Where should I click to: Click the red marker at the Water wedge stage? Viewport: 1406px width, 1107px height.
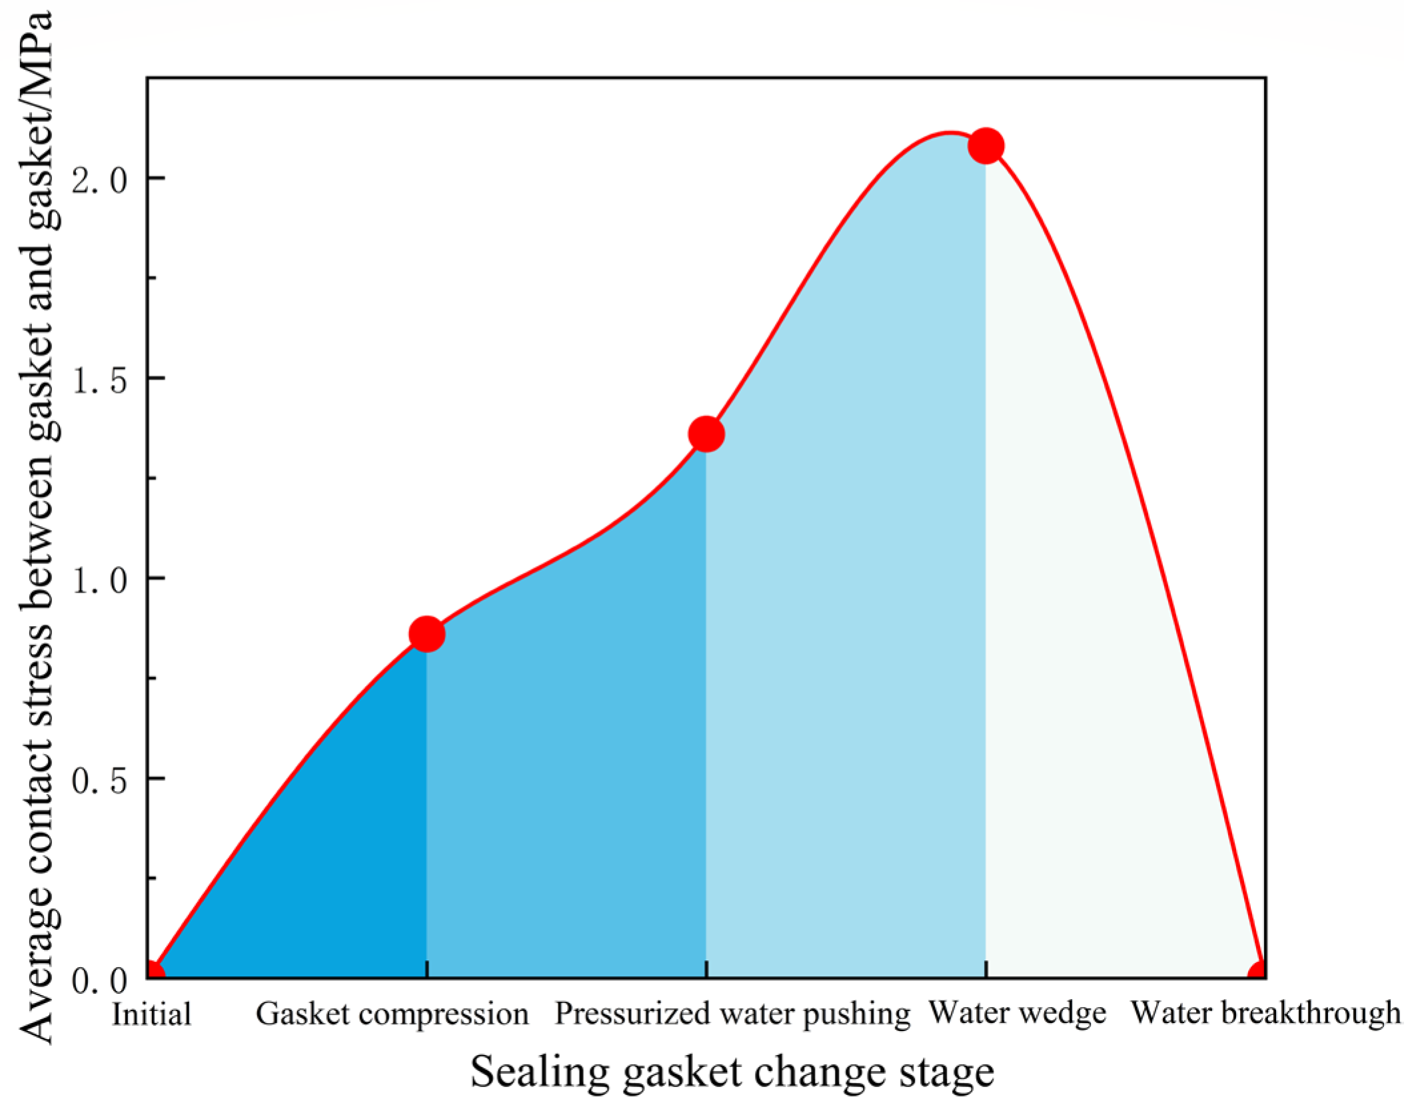986,145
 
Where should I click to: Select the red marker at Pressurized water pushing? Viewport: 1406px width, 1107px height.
706,434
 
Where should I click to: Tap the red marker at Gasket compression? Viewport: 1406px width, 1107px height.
426,633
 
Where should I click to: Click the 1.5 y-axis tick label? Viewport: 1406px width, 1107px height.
99,380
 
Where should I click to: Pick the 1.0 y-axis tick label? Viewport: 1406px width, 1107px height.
99,579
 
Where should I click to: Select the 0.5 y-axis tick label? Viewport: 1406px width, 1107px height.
99,779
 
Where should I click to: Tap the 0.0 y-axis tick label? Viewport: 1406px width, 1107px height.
99,979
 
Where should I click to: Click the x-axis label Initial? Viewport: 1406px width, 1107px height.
151,1014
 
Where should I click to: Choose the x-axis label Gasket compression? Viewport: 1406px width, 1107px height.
392,1014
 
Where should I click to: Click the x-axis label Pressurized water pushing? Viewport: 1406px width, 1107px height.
732,1014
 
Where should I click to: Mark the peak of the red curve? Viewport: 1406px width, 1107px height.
949,133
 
